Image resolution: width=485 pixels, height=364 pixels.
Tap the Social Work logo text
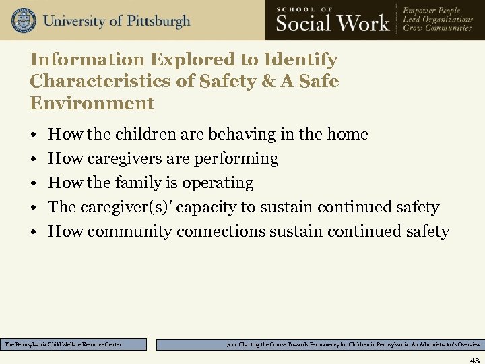coord(333,22)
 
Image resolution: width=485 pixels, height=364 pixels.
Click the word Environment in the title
coord(92,103)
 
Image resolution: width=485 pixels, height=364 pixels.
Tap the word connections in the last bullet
coord(220,231)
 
